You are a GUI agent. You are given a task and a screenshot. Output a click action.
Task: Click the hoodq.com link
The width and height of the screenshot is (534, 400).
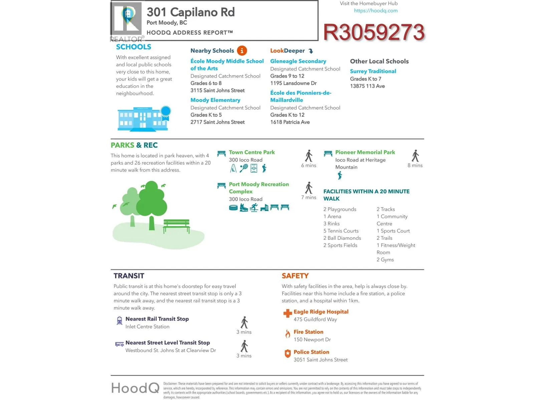pos(376,11)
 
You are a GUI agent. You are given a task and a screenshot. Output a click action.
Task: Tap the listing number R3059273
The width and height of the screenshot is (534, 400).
pos(374,32)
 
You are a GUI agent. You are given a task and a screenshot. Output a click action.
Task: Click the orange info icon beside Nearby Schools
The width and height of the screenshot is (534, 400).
pos(242,51)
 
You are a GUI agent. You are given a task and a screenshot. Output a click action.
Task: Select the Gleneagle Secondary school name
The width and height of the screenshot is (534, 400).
pos(298,61)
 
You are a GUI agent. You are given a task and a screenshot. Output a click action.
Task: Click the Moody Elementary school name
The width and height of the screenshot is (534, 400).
pos(215,100)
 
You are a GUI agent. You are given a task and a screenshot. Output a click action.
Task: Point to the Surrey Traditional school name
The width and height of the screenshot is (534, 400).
pos(373,71)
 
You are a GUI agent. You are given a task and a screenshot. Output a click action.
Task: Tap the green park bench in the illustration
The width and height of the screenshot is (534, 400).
pos(177,226)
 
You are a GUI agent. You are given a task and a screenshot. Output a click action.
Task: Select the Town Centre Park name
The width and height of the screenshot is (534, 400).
pos(252,152)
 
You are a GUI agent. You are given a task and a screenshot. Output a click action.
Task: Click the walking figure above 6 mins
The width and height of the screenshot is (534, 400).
pos(309,156)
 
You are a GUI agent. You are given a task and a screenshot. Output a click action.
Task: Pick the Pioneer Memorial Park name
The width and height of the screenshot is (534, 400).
pos(365,152)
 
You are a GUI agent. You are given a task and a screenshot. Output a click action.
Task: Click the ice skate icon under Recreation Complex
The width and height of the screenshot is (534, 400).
pos(244,208)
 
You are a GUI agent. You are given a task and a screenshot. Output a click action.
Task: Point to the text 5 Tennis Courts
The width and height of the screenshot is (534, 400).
pos(341,231)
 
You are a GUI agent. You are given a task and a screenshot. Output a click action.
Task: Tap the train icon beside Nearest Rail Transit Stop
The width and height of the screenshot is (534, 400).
pos(119,321)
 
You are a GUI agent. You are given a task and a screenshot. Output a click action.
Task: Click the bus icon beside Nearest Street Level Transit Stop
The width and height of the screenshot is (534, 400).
pos(119,344)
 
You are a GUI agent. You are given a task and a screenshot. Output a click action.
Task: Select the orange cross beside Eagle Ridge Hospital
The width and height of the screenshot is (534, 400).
pos(287,313)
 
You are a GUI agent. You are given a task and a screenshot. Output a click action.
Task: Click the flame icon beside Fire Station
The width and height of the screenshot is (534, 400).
pos(288,334)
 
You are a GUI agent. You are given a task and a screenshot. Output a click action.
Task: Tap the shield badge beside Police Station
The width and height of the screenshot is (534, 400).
pos(288,354)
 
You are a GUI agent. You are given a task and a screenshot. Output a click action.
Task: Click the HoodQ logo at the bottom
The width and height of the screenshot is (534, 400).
pos(135,388)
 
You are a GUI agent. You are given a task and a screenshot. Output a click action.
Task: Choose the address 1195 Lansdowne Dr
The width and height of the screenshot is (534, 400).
pos(293,83)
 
